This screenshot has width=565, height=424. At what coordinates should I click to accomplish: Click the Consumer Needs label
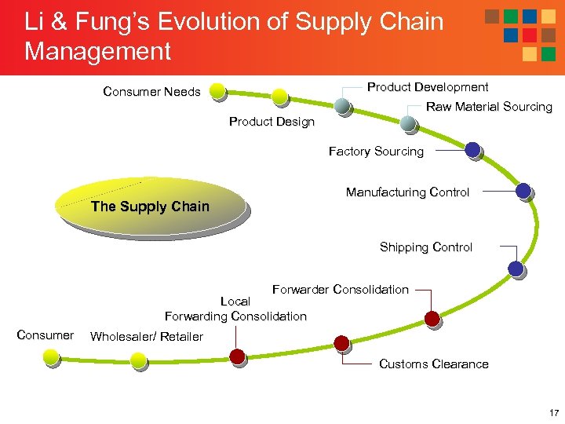click(151, 92)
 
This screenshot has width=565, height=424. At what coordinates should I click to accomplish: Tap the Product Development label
click(428, 87)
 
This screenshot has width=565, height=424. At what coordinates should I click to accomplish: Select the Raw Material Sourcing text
click(489, 107)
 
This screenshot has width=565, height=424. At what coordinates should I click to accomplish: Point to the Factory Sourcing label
click(376, 152)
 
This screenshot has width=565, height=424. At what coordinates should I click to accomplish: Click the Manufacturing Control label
click(407, 192)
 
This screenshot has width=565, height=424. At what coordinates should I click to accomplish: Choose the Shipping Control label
click(426, 247)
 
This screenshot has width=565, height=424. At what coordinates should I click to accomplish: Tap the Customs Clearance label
click(433, 364)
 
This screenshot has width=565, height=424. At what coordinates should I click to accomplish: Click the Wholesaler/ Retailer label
click(147, 337)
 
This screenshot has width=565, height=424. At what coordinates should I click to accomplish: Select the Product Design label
click(272, 122)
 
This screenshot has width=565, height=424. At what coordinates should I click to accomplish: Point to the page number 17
click(554, 412)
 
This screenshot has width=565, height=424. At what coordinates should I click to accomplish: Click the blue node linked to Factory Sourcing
click(472, 149)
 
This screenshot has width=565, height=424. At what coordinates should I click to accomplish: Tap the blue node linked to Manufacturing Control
click(523, 190)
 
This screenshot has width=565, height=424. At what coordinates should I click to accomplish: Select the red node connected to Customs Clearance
click(341, 343)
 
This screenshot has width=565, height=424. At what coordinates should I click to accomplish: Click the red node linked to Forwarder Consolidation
click(432, 318)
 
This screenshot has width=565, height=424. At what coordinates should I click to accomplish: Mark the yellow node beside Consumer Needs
click(217, 91)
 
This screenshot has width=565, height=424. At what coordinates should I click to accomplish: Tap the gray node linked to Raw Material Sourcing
click(408, 122)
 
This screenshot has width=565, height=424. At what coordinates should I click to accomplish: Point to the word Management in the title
click(97, 52)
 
